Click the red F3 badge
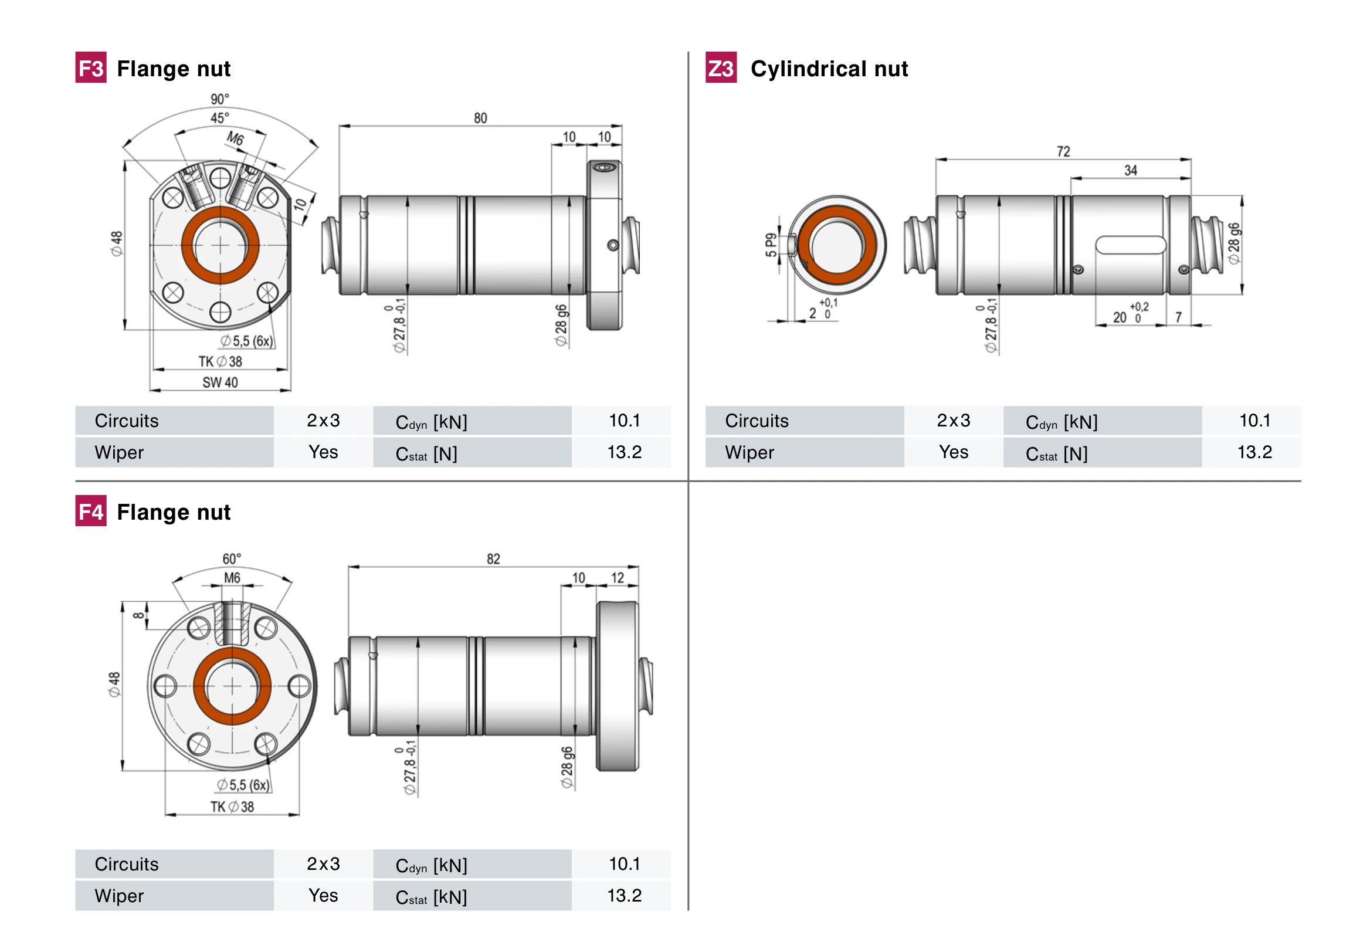coord(91,67)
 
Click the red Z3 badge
coord(720,67)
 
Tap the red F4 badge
coord(91,511)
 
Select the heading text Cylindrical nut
coord(829,69)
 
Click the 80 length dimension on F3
coord(480,118)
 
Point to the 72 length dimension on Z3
coord(1063,151)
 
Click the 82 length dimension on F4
coord(493,558)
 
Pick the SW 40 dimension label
coord(220,382)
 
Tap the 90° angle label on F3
coord(220,99)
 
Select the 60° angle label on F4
coord(232,558)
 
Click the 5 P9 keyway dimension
coord(770,245)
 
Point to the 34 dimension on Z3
coord(1130,171)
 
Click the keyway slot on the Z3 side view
coord(1130,245)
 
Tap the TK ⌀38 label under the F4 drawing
coord(232,807)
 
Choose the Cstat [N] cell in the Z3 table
coord(1056,454)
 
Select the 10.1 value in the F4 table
coord(624,864)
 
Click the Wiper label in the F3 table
coord(119,453)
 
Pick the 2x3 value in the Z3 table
coord(953,421)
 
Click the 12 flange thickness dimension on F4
coord(617,578)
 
